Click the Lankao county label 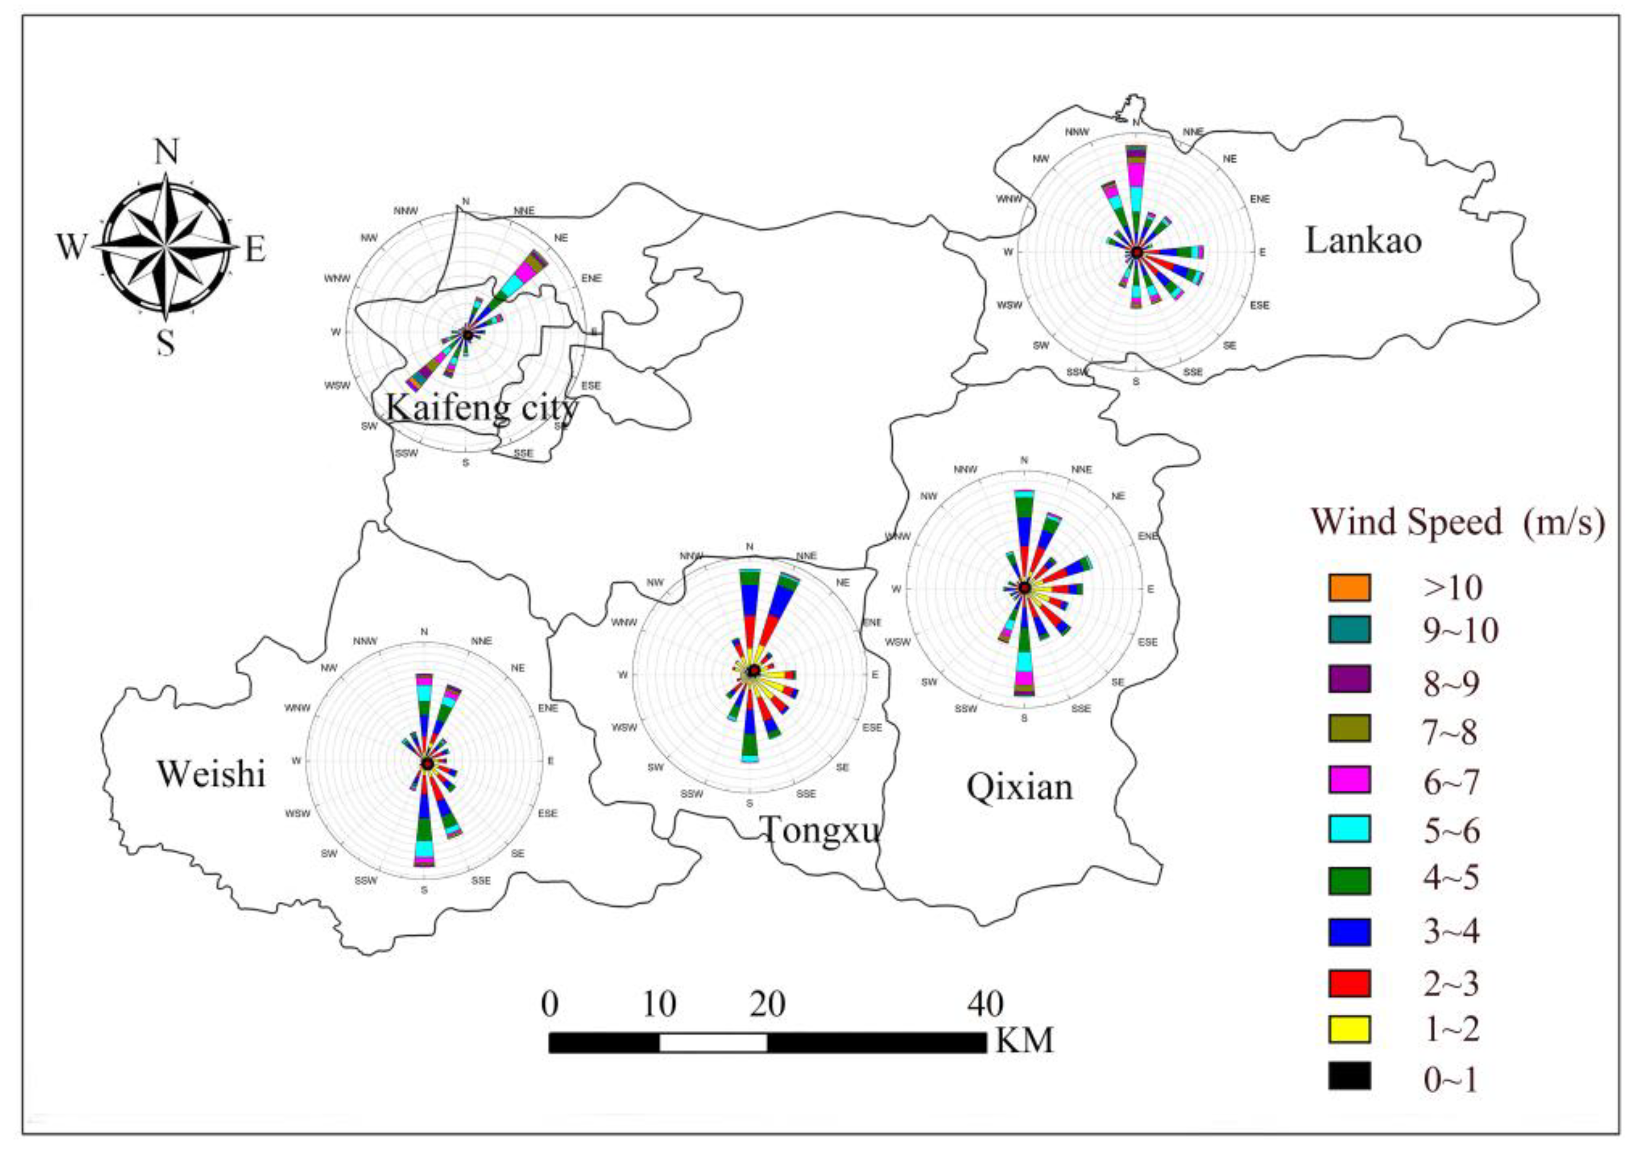[x=1363, y=241]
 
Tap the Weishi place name [x=211, y=774]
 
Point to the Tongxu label [x=820, y=830]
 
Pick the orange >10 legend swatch [x=1348, y=587]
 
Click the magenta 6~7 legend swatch [x=1348, y=780]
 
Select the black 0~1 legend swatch [x=1348, y=1076]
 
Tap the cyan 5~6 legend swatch [x=1348, y=829]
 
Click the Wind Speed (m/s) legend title [x=1457, y=521]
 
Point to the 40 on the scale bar [x=985, y=1004]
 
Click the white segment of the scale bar [x=713, y=1043]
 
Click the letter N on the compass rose [x=166, y=152]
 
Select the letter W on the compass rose [x=71, y=248]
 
